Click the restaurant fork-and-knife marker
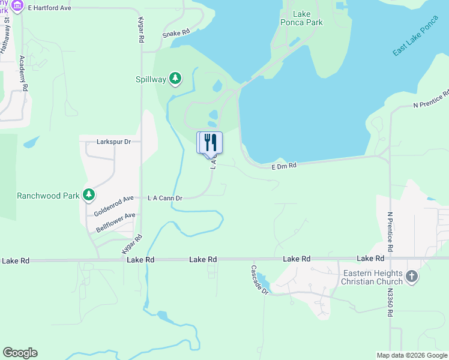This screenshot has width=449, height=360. (209, 143)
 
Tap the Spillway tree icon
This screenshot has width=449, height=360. (175, 78)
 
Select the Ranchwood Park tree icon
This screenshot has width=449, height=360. (89, 195)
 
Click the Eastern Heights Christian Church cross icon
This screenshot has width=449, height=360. (411, 277)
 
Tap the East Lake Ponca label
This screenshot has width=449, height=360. (416, 42)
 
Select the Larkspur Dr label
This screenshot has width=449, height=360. (113, 142)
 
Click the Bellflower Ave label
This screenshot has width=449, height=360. (115, 222)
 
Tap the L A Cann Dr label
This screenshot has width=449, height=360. (165, 197)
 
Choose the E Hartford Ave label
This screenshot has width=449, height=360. (49, 7)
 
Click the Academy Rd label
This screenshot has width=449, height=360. (23, 73)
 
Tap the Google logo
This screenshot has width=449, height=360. (20, 353)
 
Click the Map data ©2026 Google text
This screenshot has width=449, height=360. (411, 355)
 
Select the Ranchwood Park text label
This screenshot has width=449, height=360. (47, 196)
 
